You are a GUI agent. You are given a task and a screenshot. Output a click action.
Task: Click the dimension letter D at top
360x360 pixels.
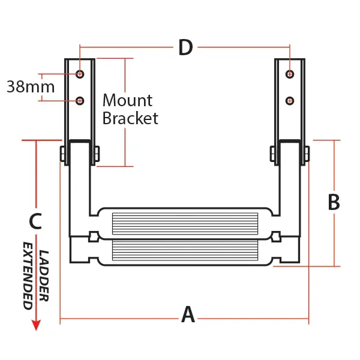[x=185, y=47]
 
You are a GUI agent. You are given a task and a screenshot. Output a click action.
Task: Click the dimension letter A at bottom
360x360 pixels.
[x=188, y=314]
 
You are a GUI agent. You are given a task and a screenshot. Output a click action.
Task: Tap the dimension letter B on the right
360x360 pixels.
[x=334, y=202]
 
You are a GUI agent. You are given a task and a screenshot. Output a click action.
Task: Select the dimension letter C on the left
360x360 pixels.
[x=35, y=221]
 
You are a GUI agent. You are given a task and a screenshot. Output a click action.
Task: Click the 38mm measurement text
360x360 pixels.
[x=31, y=86]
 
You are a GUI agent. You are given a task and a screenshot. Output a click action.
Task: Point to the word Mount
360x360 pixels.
[x=127, y=100]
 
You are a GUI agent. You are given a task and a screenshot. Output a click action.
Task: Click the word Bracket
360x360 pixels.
[x=130, y=118]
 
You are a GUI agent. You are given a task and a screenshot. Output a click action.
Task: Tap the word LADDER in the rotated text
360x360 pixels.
[x=44, y=275]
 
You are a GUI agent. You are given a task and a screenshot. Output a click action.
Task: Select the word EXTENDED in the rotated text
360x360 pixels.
[x=28, y=275]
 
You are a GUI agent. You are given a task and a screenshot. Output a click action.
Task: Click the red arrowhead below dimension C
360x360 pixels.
[x=36, y=325]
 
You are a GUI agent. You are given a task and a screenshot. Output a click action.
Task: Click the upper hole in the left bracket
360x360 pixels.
[x=80, y=74]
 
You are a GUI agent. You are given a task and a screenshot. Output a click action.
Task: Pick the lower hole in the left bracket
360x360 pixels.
[x=80, y=100]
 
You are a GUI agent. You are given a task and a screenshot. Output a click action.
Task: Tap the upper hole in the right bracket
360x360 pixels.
[x=290, y=74]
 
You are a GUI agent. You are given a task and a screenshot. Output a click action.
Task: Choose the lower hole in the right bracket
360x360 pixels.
[x=290, y=100]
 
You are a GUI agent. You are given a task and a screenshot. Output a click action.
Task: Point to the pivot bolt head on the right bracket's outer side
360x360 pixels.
[x=307, y=154]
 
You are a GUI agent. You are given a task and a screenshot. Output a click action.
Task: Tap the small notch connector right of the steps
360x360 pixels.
[x=276, y=236]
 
